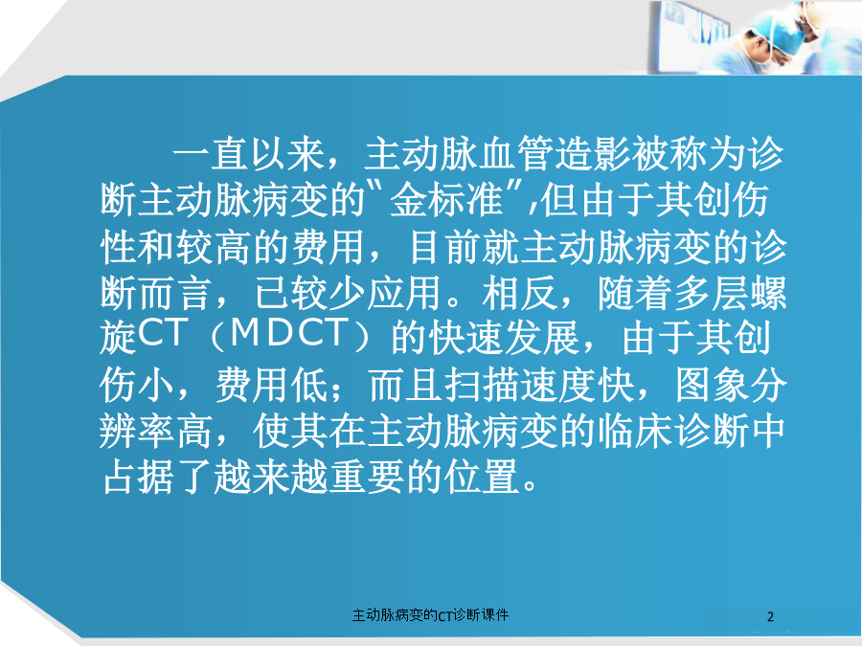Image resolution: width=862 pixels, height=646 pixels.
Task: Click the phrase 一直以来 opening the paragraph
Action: tap(249, 154)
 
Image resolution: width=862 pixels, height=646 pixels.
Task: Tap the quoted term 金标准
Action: tap(446, 200)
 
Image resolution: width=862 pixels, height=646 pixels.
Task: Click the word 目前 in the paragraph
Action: tap(445, 247)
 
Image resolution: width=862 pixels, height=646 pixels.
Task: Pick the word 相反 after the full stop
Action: tap(519, 293)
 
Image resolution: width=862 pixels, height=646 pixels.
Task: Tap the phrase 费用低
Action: tap(272, 385)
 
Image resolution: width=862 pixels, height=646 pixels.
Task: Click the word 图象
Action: tap(712, 385)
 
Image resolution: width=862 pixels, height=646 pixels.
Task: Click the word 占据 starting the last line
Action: tap(139, 477)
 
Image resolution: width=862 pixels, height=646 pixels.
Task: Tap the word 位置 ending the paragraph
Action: tap(483, 477)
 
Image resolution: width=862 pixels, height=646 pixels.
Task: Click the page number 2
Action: tap(770, 616)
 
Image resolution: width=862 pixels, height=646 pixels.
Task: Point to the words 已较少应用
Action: tap(348, 293)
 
